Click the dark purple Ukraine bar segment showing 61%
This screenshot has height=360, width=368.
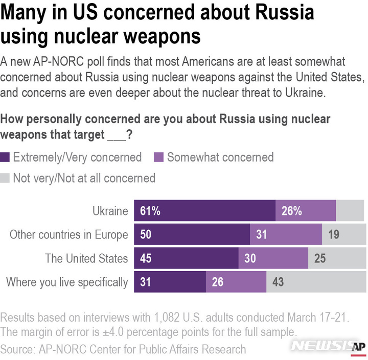pos(204,211)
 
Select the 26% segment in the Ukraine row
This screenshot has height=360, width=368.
pos(306,211)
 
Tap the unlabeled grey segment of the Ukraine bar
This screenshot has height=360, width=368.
pos(350,211)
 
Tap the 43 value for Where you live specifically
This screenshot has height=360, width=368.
pos(278,282)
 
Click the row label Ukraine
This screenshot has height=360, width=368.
pos(110,211)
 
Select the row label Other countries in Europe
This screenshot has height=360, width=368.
pos(68,235)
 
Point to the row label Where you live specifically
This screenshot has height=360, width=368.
pos(67,282)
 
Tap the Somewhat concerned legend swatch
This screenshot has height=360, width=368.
pos(159,157)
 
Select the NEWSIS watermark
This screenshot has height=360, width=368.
pos(320,346)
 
